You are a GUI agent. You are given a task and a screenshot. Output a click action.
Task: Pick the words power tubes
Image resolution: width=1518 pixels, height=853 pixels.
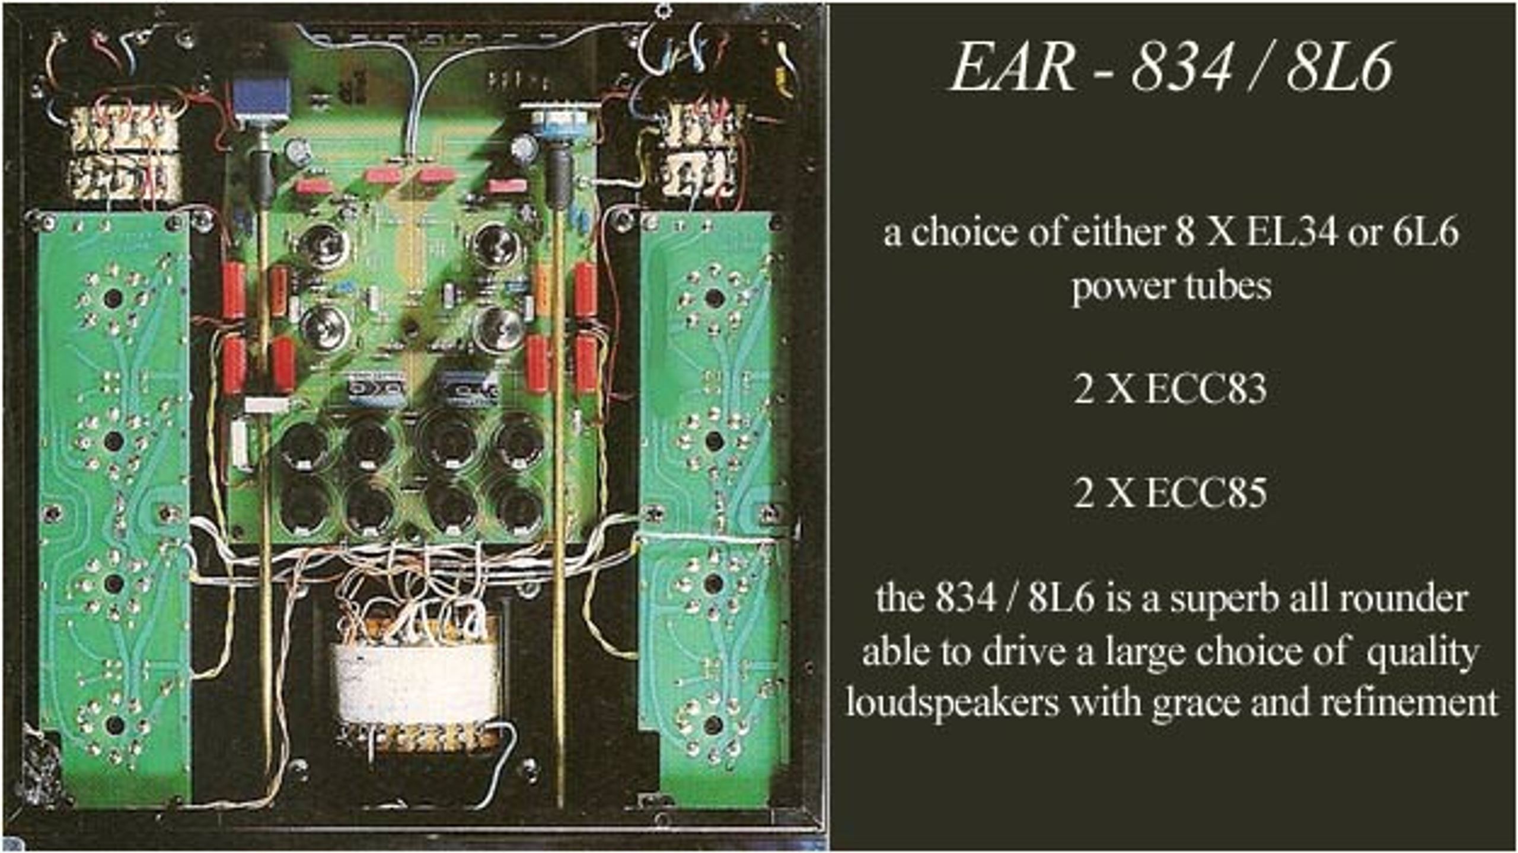(1172, 287)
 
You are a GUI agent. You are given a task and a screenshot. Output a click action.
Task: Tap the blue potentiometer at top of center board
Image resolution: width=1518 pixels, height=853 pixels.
(261, 97)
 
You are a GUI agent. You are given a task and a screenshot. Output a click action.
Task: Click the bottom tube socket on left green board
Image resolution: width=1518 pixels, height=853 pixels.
(113, 725)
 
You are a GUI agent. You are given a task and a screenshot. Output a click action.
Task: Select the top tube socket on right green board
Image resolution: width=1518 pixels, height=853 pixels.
(714, 297)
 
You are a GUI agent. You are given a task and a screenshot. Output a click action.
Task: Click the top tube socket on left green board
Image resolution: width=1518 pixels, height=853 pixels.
(113, 298)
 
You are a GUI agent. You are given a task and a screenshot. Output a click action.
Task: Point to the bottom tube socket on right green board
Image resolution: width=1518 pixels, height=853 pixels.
(713, 725)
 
